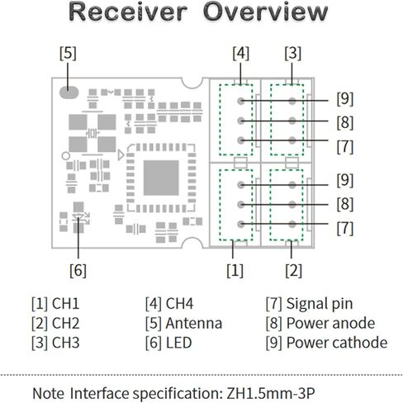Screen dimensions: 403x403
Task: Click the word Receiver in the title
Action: (128, 12)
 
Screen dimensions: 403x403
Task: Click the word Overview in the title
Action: (266, 12)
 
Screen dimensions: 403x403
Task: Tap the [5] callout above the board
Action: (68, 53)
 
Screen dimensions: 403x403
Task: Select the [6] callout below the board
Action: (78, 270)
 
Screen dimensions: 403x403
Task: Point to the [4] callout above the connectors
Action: (241, 53)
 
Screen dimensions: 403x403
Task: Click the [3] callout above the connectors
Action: (293, 53)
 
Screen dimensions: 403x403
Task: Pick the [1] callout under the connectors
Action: (235, 270)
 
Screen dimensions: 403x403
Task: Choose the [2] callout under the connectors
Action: (294, 270)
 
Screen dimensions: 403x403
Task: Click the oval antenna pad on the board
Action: (69, 92)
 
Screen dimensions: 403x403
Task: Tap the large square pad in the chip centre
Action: (161, 178)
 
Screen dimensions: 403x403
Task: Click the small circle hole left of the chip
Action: (66, 156)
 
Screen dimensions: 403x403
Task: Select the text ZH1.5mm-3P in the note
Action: (271, 393)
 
